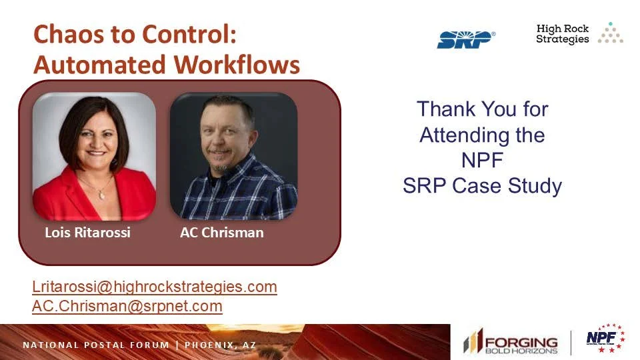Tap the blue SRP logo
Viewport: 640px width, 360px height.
coord(466,39)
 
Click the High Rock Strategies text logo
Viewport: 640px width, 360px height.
coord(563,34)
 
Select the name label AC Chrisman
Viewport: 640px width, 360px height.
coord(221,233)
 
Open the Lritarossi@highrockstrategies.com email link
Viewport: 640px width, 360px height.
coord(154,287)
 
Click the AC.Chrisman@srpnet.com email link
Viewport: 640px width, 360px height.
coord(127,306)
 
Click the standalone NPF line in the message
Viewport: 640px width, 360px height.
coord(483,161)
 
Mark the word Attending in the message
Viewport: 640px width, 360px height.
coord(460,135)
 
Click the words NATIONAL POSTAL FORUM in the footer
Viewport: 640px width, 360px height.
coord(97,345)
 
